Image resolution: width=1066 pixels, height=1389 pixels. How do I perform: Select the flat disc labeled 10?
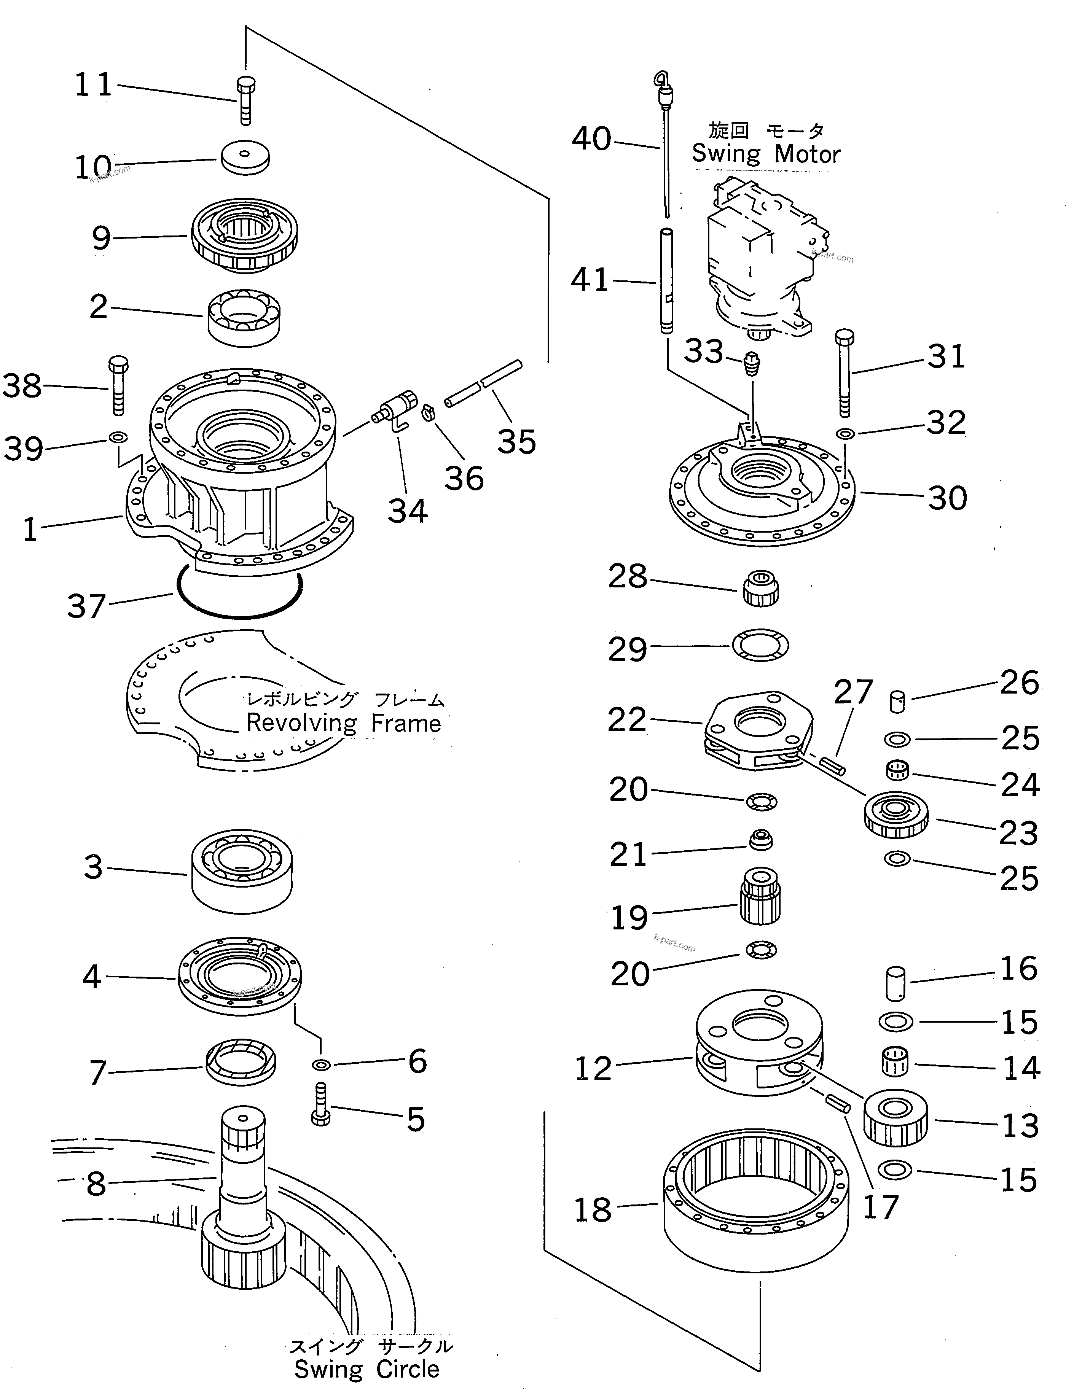click(x=245, y=157)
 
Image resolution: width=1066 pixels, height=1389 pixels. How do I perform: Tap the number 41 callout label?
click(x=590, y=280)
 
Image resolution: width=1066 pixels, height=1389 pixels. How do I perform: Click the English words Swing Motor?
click(x=765, y=154)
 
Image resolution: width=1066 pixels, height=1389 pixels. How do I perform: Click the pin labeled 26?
click(x=898, y=702)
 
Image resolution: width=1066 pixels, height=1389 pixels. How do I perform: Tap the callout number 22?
click(x=626, y=720)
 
